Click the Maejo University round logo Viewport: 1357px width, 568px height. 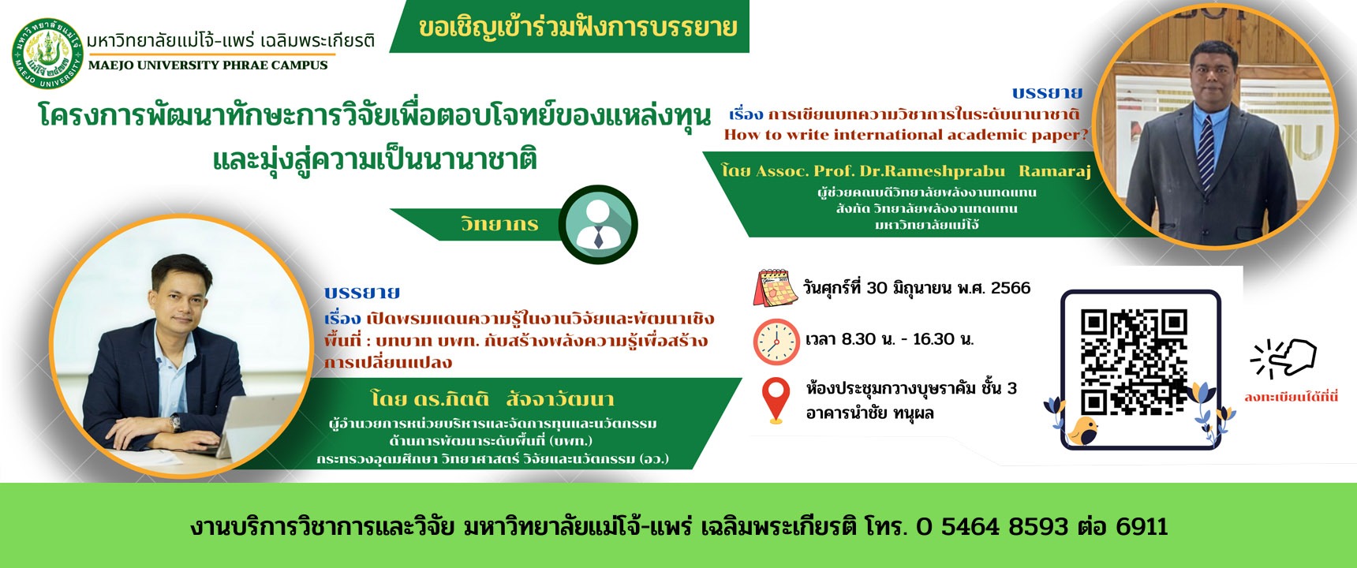[x=47, y=54]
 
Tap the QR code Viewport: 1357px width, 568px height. [x=1135, y=363]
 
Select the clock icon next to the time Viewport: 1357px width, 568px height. [x=776, y=342]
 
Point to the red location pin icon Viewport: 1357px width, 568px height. [x=776, y=401]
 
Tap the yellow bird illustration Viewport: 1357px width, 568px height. [x=1083, y=431]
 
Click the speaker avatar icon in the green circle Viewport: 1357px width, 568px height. [x=598, y=224]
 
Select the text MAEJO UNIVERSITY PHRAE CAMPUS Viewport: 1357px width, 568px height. [x=208, y=65]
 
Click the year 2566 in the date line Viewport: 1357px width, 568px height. [x=1011, y=288]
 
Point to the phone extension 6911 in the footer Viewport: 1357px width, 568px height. [x=1142, y=526]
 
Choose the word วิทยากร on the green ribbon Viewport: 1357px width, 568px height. [x=499, y=224]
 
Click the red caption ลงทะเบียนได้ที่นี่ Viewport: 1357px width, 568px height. [x=1292, y=397]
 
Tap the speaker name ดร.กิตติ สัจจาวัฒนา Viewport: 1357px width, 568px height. [x=492, y=398]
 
